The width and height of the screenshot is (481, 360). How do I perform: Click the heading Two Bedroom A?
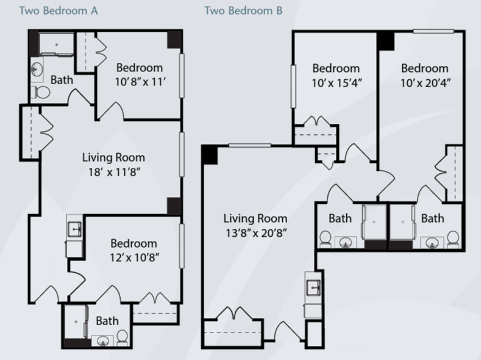tap(59, 11)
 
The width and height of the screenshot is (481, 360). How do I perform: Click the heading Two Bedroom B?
tap(243, 11)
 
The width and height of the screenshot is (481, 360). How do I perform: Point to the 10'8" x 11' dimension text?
tap(140, 82)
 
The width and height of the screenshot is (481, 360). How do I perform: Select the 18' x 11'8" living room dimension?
tap(114, 172)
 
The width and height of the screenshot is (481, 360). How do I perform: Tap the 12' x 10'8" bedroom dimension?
tap(134, 257)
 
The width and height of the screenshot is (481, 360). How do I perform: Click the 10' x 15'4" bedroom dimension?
tap(337, 83)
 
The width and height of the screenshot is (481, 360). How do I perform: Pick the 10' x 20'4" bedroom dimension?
tap(426, 83)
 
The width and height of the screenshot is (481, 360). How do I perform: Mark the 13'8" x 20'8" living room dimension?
tap(256, 233)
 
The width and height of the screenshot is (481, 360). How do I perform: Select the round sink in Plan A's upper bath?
tap(37, 69)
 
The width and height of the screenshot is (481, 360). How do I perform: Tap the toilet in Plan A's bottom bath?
tap(123, 337)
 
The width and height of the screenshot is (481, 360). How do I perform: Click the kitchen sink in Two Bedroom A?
tap(74, 229)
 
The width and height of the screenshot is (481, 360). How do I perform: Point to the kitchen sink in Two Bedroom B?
tap(313, 288)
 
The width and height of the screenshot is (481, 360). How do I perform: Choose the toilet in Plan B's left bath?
tap(325, 238)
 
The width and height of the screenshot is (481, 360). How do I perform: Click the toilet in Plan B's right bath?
tap(453, 238)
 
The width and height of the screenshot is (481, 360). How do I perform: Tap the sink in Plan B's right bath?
tap(432, 243)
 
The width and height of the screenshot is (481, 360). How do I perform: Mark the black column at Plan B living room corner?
tap(210, 155)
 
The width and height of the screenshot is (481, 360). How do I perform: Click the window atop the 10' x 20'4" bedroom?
tap(433, 31)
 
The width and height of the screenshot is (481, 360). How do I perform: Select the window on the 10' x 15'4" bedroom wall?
tap(293, 87)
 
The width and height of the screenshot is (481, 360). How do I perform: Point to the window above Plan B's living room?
tap(250, 145)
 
